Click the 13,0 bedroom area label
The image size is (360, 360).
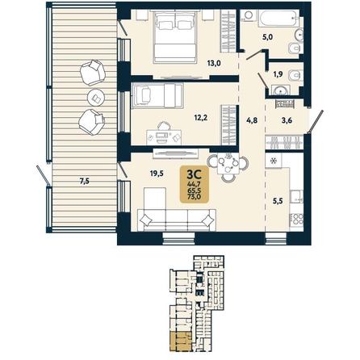(x=214, y=64)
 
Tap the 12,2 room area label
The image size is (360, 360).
(x=201, y=117)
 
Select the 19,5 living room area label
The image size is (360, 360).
(x=157, y=173)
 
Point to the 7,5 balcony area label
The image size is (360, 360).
(x=84, y=182)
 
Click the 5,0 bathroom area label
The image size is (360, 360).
(x=268, y=37)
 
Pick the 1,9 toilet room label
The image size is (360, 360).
(x=278, y=74)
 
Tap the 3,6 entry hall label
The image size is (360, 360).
(x=287, y=120)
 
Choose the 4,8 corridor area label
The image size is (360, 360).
(x=252, y=120)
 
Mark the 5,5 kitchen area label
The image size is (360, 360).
(x=278, y=201)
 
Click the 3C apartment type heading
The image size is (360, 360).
(x=195, y=175)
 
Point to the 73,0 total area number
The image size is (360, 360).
(x=195, y=196)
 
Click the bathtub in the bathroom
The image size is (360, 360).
(x=279, y=19)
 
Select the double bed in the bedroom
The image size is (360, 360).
(x=175, y=36)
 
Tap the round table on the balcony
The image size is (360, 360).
(x=96, y=97)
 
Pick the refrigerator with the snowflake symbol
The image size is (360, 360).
(x=274, y=161)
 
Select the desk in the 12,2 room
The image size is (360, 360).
(x=164, y=136)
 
